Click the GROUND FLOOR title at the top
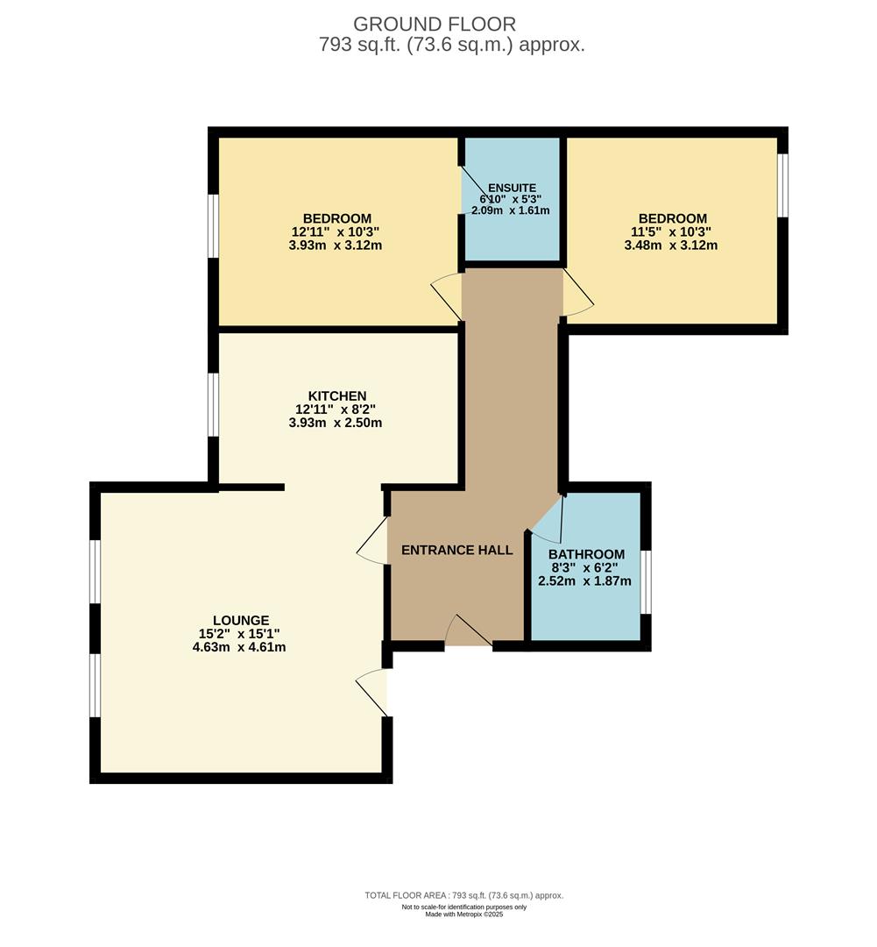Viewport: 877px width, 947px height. click(435, 24)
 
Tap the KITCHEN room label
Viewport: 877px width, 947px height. click(336, 396)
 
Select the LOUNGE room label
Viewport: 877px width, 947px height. click(240, 620)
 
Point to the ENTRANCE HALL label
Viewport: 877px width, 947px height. click(456, 551)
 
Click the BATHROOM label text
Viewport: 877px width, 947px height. click(586, 554)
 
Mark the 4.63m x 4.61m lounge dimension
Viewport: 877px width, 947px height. click(241, 648)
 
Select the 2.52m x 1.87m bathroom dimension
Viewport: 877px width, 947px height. click(587, 580)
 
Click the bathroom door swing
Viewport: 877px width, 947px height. click(548, 524)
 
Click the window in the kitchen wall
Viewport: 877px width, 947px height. click(213, 404)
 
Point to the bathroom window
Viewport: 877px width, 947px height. click(646, 582)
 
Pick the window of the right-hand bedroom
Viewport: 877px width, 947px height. click(782, 185)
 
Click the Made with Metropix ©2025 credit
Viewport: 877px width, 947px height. click(463, 915)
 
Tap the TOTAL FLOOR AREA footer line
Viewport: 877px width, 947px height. click(463, 895)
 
